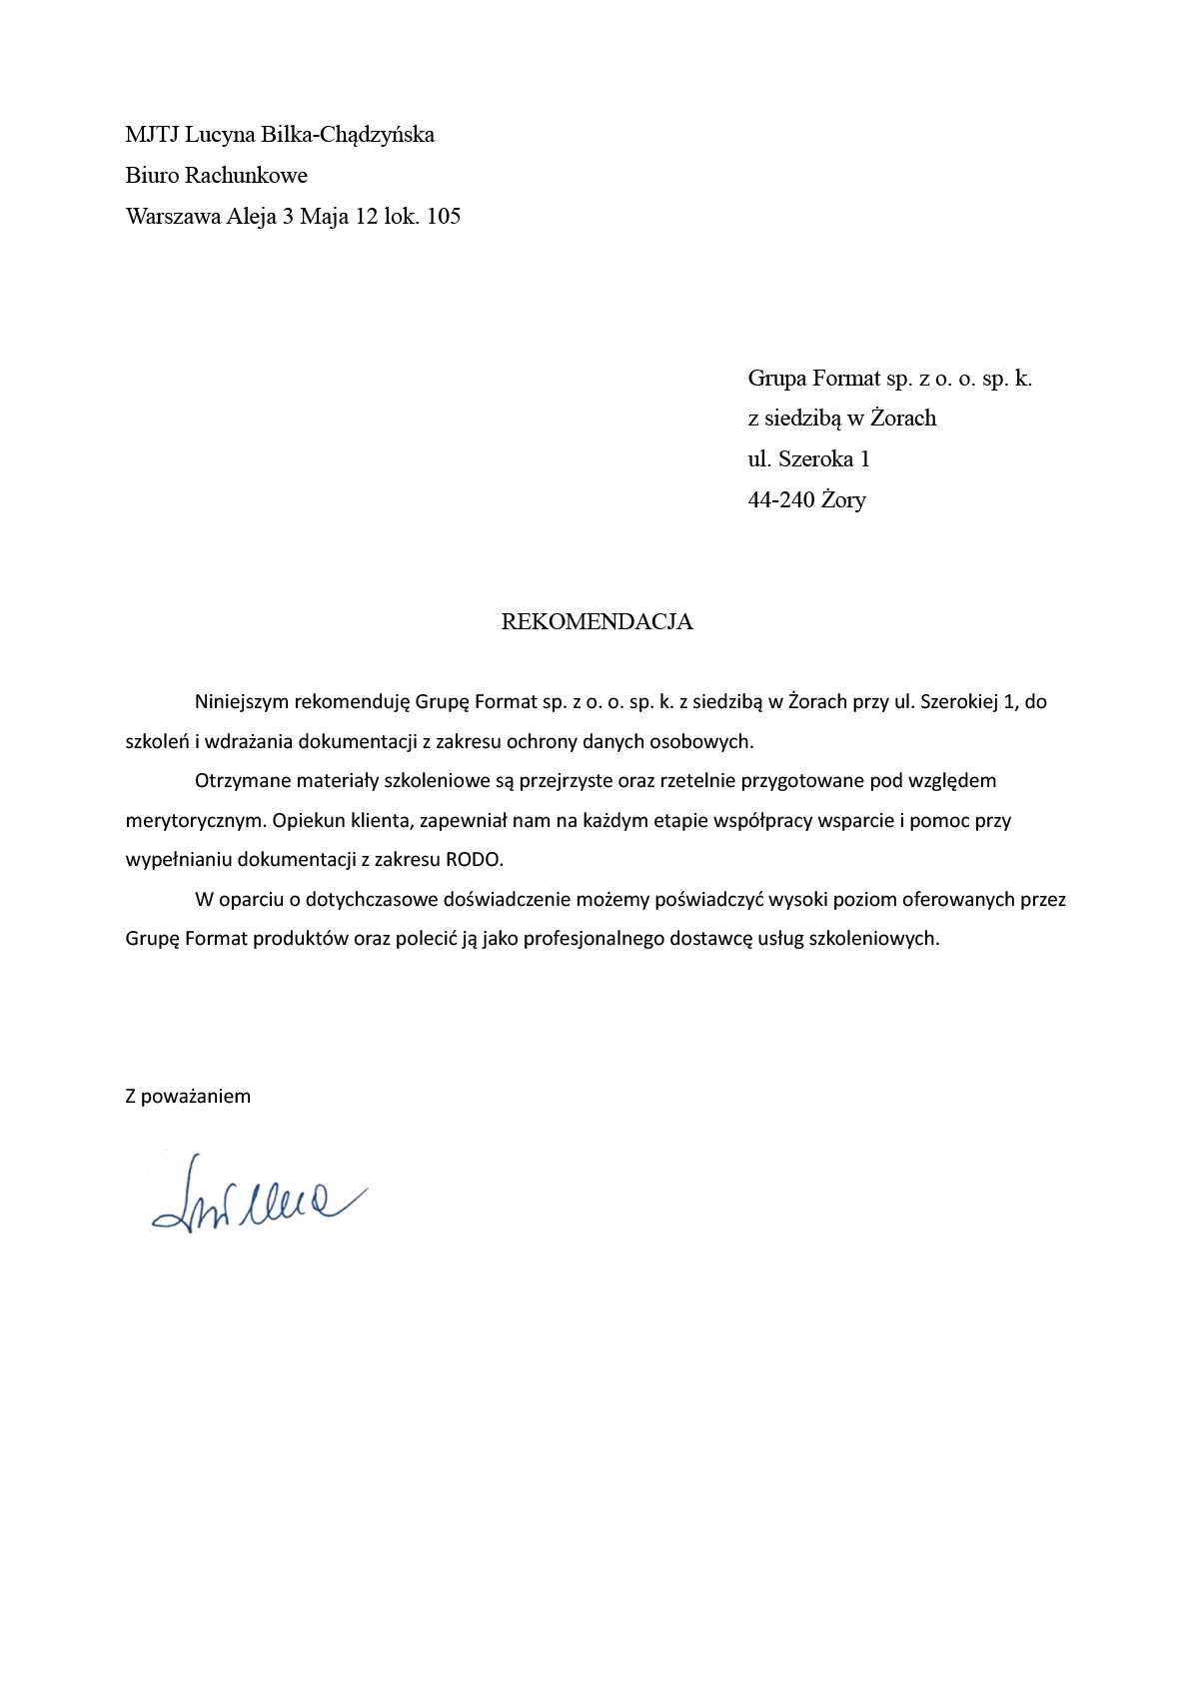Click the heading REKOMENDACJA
tap(596, 621)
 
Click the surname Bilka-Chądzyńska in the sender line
tap(347, 135)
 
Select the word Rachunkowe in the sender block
tap(246, 176)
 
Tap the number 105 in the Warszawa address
tap(444, 217)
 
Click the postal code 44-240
tap(781, 499)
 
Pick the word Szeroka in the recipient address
tap(815, 459)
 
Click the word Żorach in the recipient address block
tap(903, 419)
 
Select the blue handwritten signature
tap(257, 1195)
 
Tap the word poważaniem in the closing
tap(196, 1096)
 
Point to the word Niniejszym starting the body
tap(242, 702)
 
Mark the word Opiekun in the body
tap(308, 821)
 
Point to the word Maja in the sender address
tap(324, 217)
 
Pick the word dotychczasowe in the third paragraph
tap(372, 900)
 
